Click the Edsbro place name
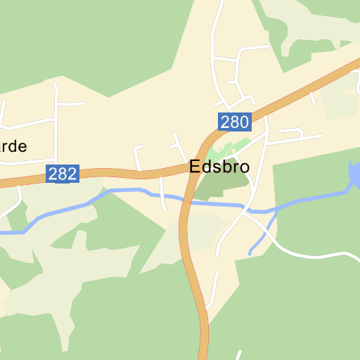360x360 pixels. tap(219, 167)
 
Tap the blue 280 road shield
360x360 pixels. tap(234, 122)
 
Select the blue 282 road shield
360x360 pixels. tap(63, 174)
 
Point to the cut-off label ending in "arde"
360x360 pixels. tap(13, 147)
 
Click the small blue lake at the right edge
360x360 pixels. tap(355, 172)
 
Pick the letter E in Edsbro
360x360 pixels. tap(194, 167)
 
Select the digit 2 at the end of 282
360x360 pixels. tap(72, 174)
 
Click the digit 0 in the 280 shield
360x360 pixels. tap(243, 122)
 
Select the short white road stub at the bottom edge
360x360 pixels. tap(238, 355)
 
